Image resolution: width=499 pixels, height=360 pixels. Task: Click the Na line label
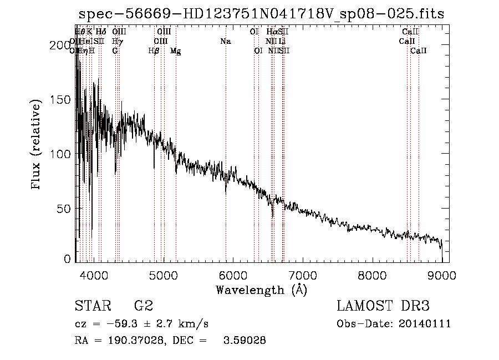[x=225, y=41]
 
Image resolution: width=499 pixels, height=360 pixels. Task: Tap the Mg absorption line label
[x=175, y=50]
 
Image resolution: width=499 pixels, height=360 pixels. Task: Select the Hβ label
[x=154, y=50]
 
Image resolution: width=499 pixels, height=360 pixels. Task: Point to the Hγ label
[x=117, y=41]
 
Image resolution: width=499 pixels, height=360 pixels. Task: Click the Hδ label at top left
[x=100, y=32]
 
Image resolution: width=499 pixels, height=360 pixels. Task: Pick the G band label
[x=115, y=50]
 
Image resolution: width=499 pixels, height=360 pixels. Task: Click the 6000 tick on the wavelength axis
[x=233, y=273]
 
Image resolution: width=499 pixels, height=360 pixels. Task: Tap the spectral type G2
[x=143, y=306]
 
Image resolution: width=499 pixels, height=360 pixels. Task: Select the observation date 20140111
[x=424, y=324]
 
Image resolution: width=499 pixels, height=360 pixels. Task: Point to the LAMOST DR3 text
[x=383, y=306]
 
